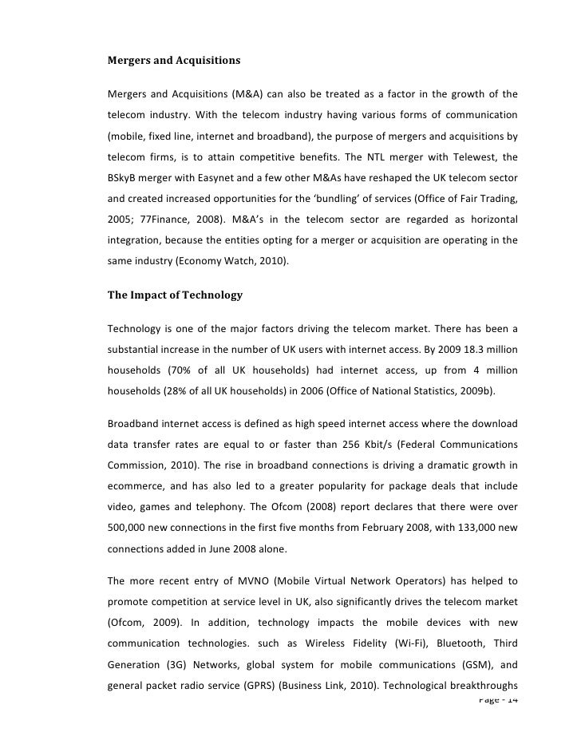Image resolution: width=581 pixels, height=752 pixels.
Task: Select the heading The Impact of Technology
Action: [x=175, y=295]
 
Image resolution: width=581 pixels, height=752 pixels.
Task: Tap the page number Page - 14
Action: [x=496, y=700]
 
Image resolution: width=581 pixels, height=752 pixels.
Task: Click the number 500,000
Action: [x=130, y=529]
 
